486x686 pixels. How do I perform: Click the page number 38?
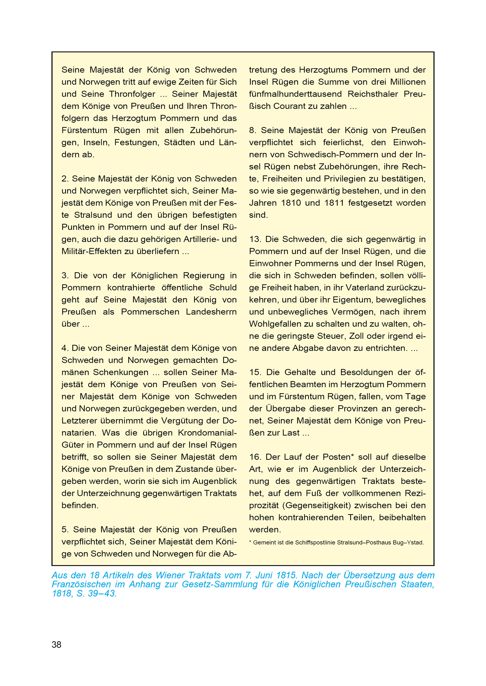(56, 645)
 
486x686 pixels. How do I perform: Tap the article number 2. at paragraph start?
(65, 179)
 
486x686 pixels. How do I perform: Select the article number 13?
(255, 239)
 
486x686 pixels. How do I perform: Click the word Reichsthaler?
(373, 94)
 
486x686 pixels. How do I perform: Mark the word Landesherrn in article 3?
(211, 312)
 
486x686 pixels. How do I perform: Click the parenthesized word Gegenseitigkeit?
(318, 505)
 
